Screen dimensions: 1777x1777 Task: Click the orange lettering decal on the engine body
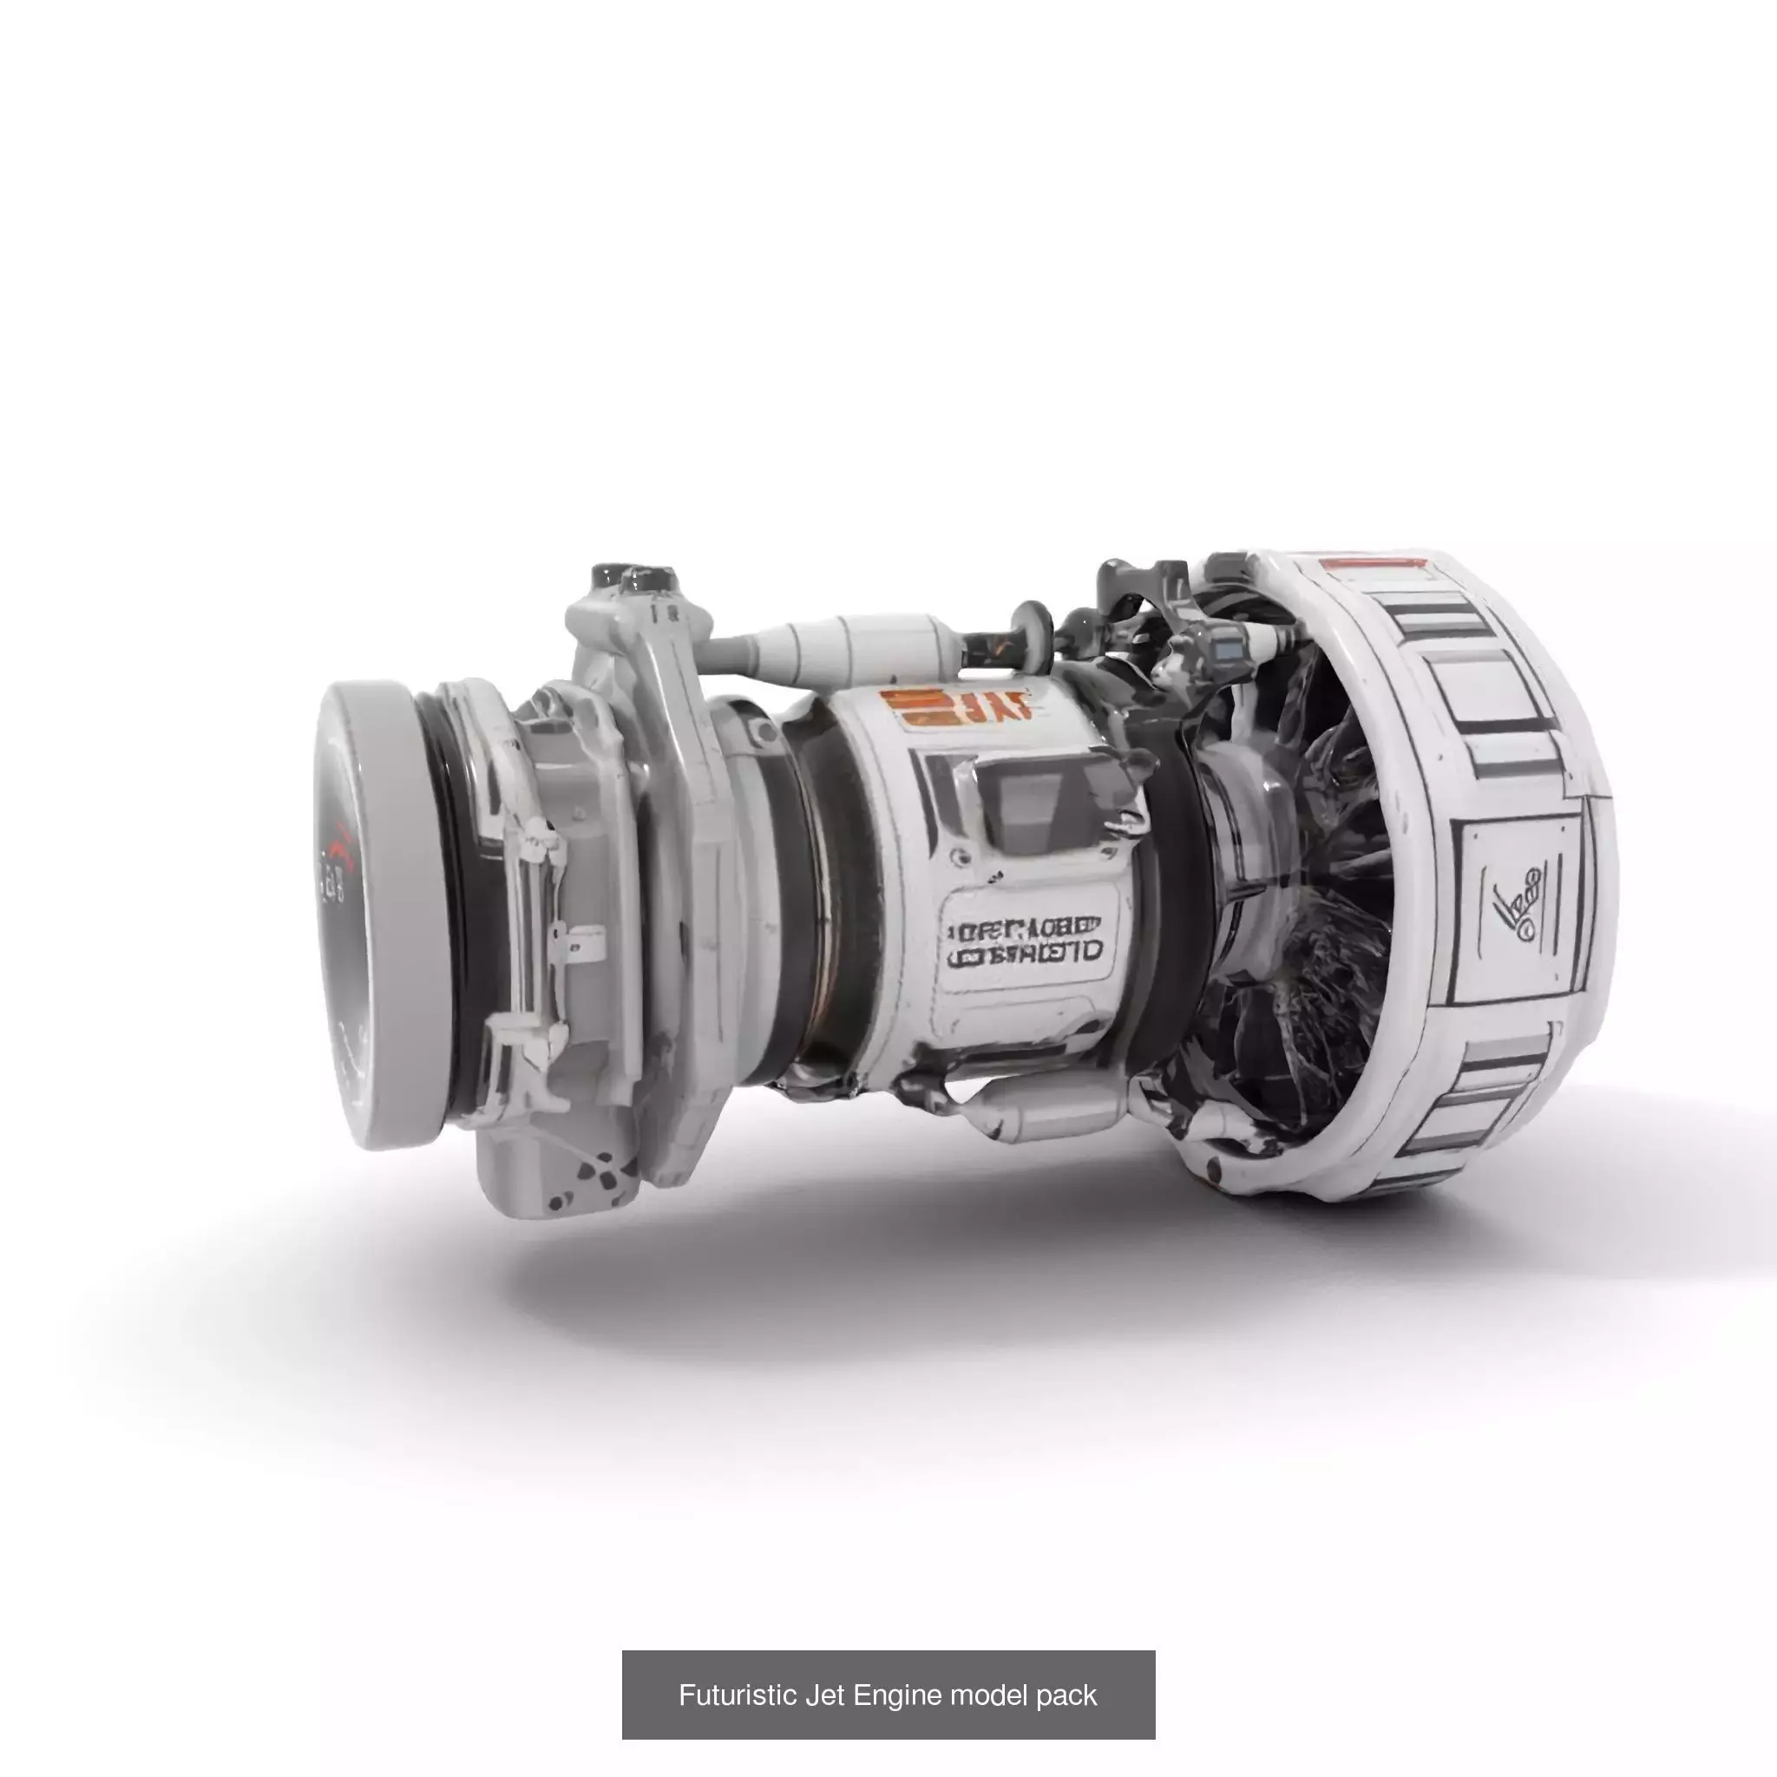click(x=956, y=708)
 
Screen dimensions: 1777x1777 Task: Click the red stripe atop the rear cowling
click(x=1370, y=563)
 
